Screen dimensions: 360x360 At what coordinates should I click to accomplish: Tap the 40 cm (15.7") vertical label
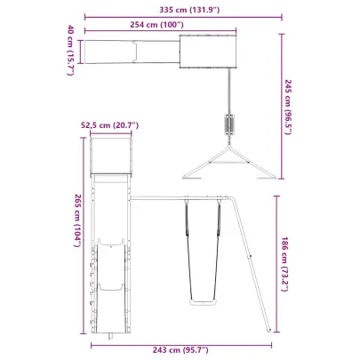pyautogui.click(x=70, y=50)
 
